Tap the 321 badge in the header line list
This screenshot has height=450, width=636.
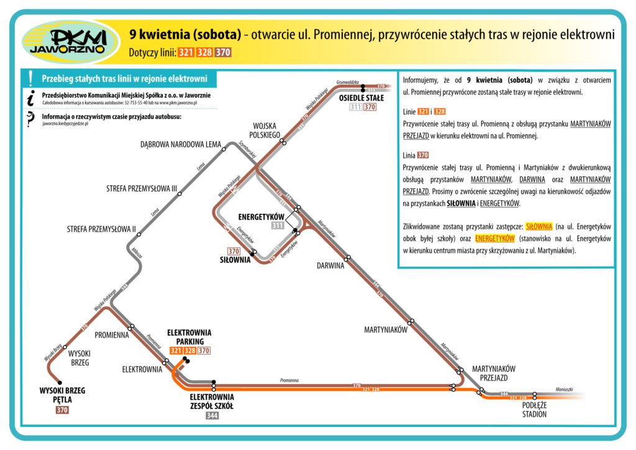tap(186, 53)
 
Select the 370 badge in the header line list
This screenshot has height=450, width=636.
tap(223, 53)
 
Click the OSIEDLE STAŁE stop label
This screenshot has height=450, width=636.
tap(361, 98)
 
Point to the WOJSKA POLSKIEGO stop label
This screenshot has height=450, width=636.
tap(264, 130)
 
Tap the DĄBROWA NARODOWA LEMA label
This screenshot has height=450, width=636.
tap(181, 145)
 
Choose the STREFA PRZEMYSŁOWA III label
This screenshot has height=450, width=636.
tap(142, 188)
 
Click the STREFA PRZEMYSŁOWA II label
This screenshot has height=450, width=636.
tap(101, 229)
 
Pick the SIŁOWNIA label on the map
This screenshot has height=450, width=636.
tap(235, 260)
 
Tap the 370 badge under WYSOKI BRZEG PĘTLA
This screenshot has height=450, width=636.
tap(62, 410)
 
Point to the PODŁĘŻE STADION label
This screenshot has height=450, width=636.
tap(529, 410)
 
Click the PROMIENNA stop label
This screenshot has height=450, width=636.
tap(112, 335)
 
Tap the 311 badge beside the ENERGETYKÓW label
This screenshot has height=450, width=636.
tap(278, 226)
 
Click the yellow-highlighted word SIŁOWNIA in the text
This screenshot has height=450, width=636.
tap(538, 226)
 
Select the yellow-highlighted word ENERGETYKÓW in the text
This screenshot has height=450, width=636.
tap(496, 238)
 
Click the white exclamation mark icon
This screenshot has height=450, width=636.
tap(30, 78)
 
